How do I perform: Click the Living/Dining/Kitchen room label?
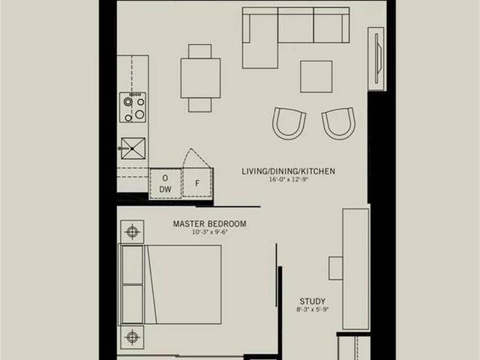(x=288, y=172)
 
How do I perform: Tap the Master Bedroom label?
(x=210, y=224)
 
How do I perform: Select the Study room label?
(x=312, y=301)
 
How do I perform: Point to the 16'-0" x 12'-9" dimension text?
(x=288, y=180)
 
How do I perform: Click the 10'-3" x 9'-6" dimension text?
(x=210, y=232)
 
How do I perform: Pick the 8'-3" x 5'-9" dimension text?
(x=312, y=310)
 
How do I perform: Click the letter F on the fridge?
(x=197, y=183)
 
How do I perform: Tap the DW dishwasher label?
(x=165, y=190)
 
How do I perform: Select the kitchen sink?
(x=133, y=148)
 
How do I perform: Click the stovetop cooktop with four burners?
(x=133, y=107)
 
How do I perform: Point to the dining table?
(x=200, y=78)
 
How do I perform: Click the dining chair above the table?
(x=200, y=52)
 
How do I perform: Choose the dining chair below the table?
(x=200, y=105)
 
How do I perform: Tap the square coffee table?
(x=316, y=76)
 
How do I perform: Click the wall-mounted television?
(x=378, y=58)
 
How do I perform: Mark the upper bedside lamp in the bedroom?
(x=132, y=232)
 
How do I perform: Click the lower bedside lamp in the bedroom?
(x=132, y=337)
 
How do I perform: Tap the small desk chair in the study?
(x=336, y=268)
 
